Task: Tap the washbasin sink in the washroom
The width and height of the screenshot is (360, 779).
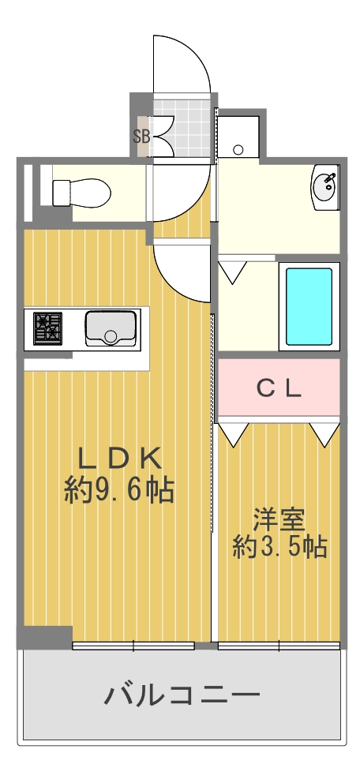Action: pos(324,187)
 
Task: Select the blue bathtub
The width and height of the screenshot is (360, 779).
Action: pos(309,306)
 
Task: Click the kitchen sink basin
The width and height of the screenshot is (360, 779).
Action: pos(110,328)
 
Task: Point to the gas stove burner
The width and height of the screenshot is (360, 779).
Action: pos(47,328)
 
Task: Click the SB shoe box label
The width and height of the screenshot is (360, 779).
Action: pos(141,135)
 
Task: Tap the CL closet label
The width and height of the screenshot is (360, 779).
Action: pos(278,388)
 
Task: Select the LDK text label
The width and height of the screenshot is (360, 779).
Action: pos(119,458)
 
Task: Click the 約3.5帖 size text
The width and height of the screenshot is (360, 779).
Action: pos(279,546)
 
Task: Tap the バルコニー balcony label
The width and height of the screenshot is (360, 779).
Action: pos(182,695)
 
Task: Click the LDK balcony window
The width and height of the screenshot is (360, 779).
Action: pos(133,646)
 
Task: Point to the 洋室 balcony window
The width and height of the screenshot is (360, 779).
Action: pos(279,646)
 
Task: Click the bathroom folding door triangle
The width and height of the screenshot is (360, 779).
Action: pos(232,273)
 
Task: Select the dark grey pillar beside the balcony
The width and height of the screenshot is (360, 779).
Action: pos(45,636)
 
